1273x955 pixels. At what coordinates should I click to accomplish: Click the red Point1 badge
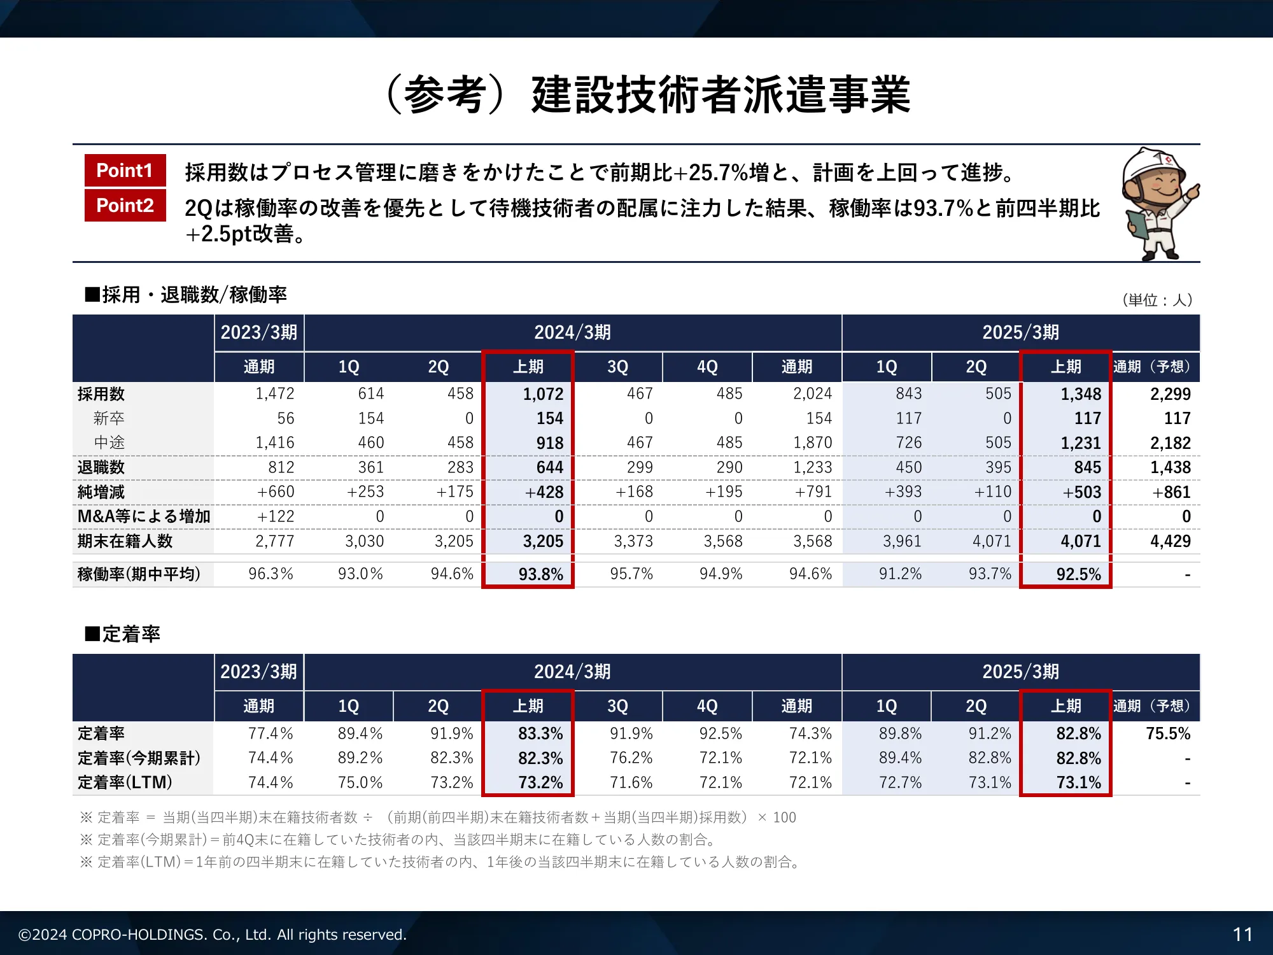[x=125, y=171]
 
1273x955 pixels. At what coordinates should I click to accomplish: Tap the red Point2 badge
[x=125, y=206]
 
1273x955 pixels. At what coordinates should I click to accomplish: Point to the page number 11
[x=1242, y=934]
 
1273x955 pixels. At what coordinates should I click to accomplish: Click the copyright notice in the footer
[x=212, y=934]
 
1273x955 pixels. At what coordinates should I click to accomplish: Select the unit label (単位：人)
[x=1157, y=300]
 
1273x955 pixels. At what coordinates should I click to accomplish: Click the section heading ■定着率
[x=123, y=634]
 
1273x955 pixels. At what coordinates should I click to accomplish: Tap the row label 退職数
[x=101, y=467]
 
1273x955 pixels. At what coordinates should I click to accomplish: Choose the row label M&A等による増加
[x=144, y=516]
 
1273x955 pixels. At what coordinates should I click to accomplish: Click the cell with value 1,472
[x=274, y=393]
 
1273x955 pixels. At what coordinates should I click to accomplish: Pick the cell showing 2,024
[x=812, y=393]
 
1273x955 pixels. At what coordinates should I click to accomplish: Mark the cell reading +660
[x=275, y=492]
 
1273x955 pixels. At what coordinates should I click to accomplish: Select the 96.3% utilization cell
[x=271, y=574]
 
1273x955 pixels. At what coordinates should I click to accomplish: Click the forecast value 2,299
[x=1170, y=394]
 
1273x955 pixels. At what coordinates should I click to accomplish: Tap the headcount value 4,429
[x=1170, y=541]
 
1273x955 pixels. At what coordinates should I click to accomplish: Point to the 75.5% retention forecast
[x=1168, y=733]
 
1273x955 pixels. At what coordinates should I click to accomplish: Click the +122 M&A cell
[x=275, y=516]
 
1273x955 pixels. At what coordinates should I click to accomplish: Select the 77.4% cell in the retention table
[x=271, y=733]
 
